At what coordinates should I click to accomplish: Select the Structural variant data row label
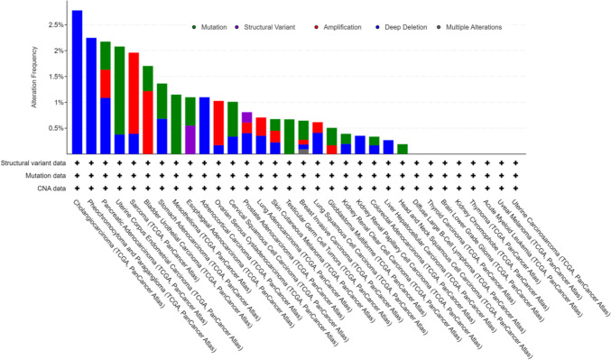[37, 162]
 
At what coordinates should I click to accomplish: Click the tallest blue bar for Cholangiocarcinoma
[78, 81]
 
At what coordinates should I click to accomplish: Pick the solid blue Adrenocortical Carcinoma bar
[204, 125]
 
